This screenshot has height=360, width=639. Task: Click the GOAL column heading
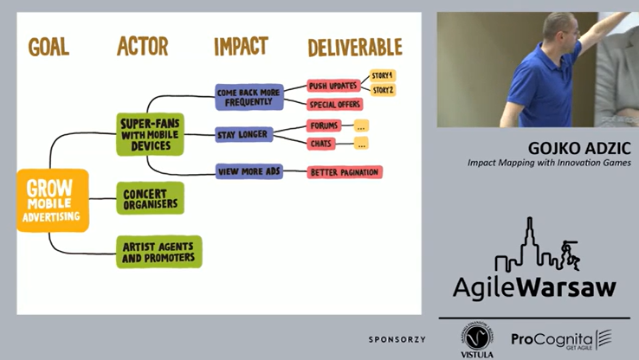pyautogui.click(x=48, y=48)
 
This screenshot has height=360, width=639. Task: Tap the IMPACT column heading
pyautogui.click(x=241, y=47)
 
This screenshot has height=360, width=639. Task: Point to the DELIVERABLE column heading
pyautogui.click(x=355, y=47)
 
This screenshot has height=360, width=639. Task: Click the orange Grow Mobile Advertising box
pyautogui.click(x=53, y=200)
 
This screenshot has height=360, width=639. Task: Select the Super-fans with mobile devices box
pyautogui.click(x=150, y=134)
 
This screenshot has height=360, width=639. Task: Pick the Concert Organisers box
pyautogui.click(x=150, y=198)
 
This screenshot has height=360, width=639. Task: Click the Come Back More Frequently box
pyautogui.click(x=249, y=96)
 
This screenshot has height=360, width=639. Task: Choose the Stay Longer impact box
pyautogui.click(x=242, y=134)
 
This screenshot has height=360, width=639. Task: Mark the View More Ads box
pyautogui.click(x=249, y=171)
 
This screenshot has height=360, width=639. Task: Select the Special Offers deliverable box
pyautogui.click(x=334, y=105)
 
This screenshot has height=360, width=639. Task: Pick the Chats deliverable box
pyautogui.click(x=322, y=144)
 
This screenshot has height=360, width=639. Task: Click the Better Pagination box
pyautogui.click(x=345, y=172)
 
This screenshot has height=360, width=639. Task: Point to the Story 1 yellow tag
pyautogui.click(x=383, y=74)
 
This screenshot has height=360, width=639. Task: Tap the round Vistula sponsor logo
pyautogui.click(x=476, y=336)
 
